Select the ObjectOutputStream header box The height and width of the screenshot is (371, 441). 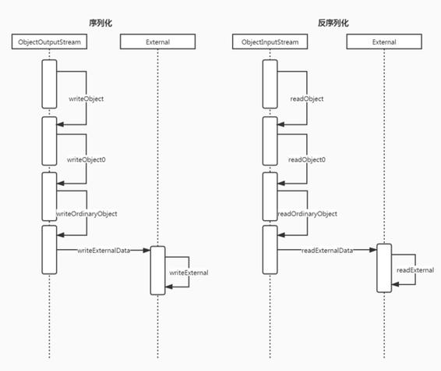49,42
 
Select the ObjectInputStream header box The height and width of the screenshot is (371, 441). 270,42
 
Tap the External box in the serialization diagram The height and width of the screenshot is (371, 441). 157,42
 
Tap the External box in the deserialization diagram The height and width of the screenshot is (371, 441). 383,42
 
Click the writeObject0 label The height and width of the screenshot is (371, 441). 86,159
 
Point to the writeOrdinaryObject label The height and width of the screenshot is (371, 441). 86,213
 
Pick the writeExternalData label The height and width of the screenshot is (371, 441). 103,250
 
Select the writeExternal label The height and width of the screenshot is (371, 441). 189,273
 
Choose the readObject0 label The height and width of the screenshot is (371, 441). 307,159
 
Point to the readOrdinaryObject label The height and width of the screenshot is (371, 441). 307,213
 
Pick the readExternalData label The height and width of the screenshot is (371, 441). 327,250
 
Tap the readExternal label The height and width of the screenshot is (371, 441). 414,269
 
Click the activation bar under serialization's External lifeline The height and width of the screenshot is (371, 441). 157,270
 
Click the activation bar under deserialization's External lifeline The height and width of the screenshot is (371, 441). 383,268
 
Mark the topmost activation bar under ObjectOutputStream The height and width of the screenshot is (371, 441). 49,82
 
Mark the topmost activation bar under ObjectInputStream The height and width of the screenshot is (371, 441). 270,82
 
